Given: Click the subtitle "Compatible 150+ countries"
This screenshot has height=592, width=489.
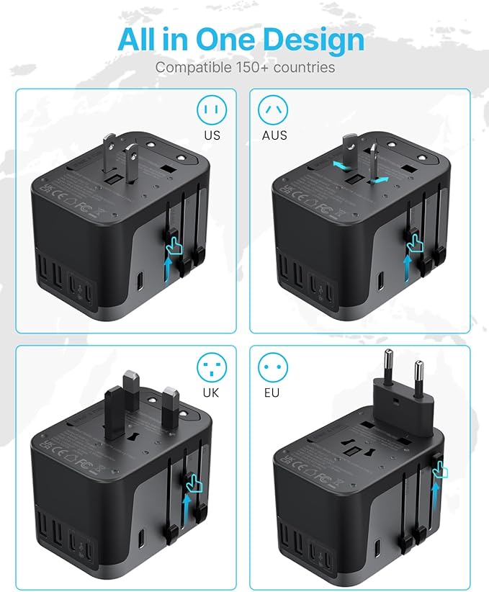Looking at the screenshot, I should click(x=245, y=68).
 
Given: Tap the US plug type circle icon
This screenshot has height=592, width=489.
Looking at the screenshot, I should click(x=212, y=110).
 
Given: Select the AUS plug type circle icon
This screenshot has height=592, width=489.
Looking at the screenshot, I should click(x=272, y=110).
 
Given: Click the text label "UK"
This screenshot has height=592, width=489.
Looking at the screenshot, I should click(x=212, y=393).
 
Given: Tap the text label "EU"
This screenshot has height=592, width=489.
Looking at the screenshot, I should click(x=272, y=393).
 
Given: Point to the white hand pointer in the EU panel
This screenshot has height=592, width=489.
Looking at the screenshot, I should click(x=440, y=469).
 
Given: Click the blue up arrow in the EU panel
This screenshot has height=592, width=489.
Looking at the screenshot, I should click(x=435, y=496).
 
